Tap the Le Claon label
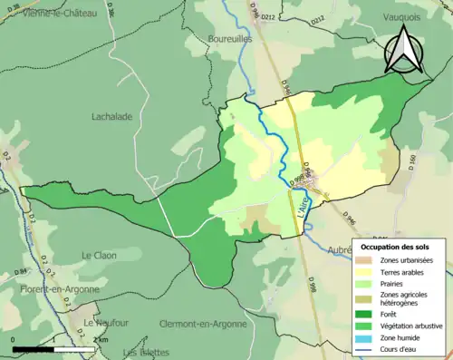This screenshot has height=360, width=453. tap(100, 256)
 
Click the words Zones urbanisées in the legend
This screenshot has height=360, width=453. tap(408, 259)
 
